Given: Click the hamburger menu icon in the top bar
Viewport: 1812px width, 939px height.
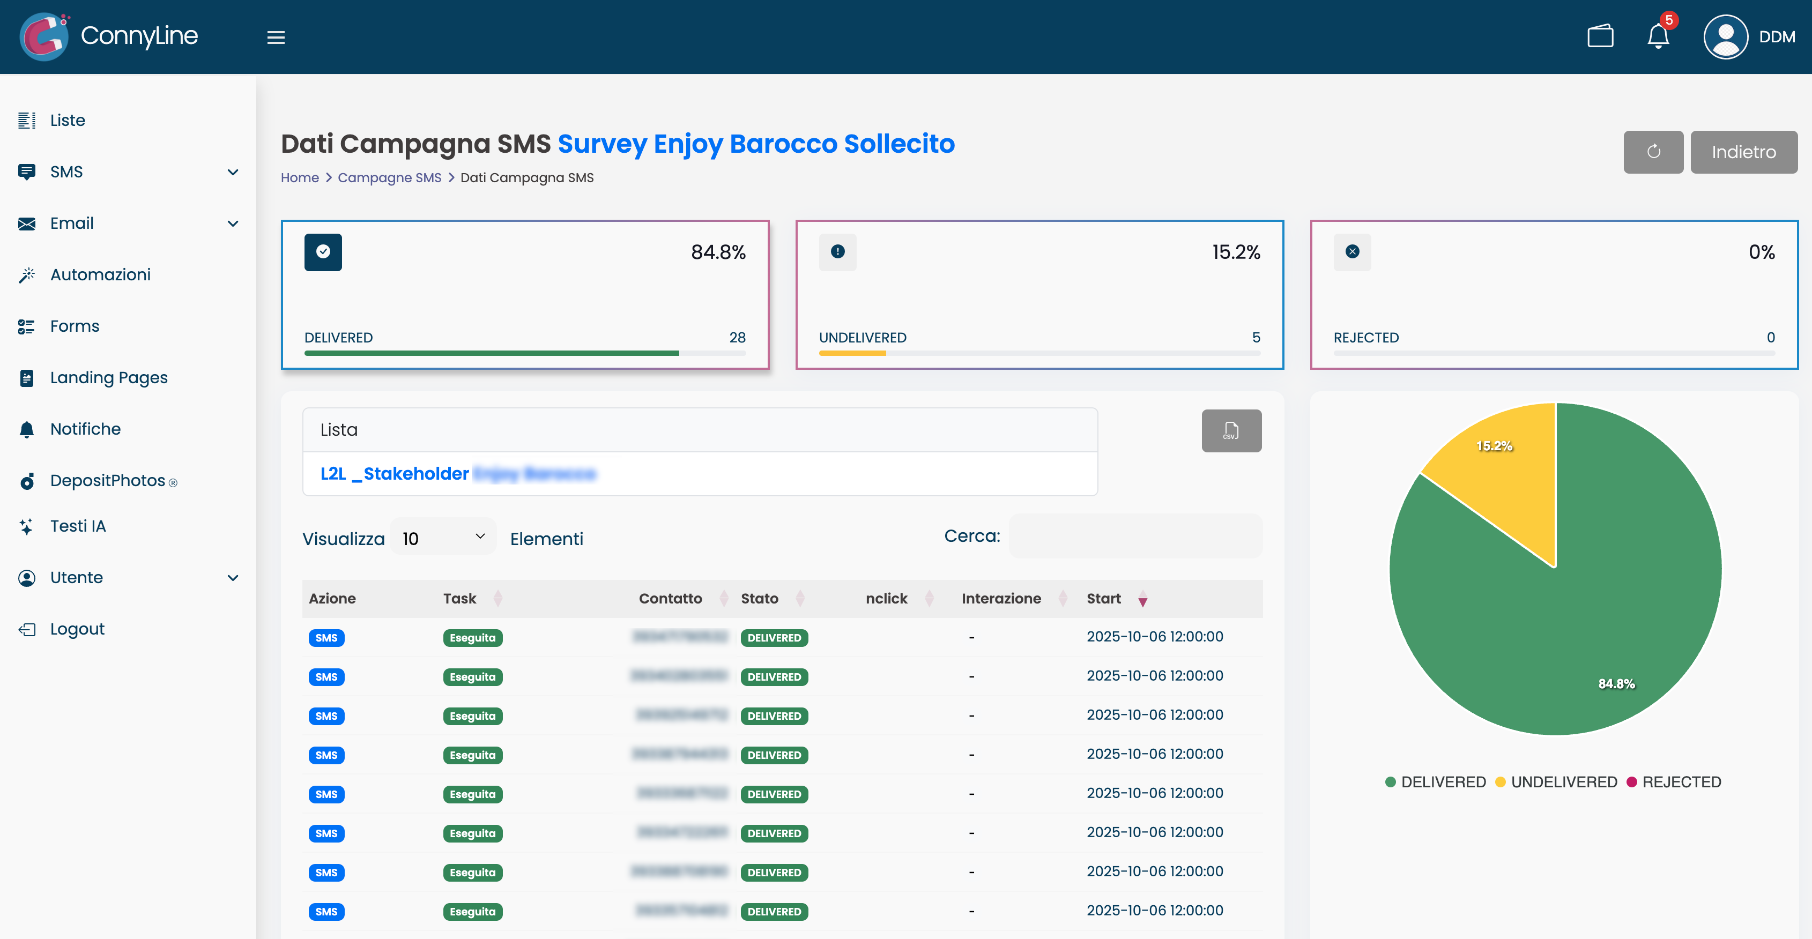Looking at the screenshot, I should [x=276, y=38].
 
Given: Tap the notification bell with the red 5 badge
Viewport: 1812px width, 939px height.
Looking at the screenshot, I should [x=1658, y=36].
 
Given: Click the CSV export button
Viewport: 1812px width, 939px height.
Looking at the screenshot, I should [x=1231, y=430].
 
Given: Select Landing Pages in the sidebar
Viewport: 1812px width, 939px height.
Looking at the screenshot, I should [x=108, y=378].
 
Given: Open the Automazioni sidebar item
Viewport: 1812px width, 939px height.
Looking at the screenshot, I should [x=100, y=275].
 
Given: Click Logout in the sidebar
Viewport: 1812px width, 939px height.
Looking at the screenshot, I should [x=77, y=629].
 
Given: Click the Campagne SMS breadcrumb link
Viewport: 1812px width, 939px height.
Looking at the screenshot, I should [x=389, y=178].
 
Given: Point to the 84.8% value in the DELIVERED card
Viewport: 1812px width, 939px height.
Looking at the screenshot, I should [x=717, y=252].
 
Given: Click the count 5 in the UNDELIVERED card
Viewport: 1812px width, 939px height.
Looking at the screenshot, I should [x=1256, y=338].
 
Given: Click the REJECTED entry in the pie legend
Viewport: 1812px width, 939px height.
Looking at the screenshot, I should [x=1681, y=782].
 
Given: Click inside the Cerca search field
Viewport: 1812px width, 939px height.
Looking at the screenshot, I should [x=1135, y=536].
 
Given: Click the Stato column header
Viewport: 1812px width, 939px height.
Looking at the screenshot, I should [x=759, y=599].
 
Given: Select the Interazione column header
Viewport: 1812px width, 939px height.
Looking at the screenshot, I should [x=1000, y=599].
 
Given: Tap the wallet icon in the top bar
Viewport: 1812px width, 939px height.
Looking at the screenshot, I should [x=1600, y=36].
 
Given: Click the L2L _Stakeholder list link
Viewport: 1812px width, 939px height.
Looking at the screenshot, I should [x=395, y=473].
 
